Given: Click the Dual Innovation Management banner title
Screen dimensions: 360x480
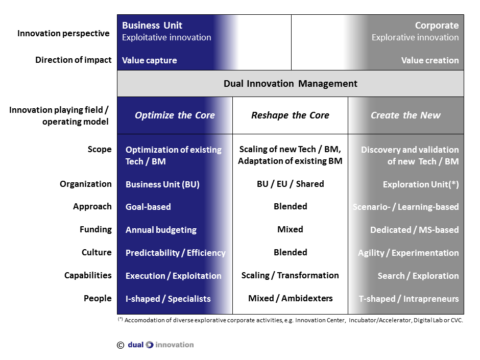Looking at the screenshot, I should tap(290, 84).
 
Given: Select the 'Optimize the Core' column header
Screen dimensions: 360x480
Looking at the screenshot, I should tap(175, 115).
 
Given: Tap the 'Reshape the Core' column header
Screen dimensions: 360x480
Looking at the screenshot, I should tap(290, 115).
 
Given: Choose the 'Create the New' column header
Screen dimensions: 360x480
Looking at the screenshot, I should tap(405, 115).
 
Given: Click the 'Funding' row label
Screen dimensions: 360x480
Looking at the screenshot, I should tap(95, 229).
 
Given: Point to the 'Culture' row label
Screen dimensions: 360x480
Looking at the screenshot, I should tap(97, 252).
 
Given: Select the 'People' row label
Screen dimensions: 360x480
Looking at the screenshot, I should tap(98, 298).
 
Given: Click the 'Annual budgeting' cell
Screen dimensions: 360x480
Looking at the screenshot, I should tap(161, 230).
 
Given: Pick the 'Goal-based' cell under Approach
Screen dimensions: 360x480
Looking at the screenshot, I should tap(148, 207).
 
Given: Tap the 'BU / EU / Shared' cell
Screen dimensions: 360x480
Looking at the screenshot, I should tap(290, 184).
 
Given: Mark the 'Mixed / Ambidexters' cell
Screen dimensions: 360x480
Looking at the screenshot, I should tap(290, 298).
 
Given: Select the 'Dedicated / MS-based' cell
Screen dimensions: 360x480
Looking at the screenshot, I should tap(414, 230).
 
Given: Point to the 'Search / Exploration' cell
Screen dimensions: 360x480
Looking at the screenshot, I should tap(418, 276).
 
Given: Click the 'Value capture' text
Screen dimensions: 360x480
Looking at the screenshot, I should tap(149, 60).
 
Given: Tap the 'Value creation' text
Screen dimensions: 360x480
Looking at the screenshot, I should tap(430, 60).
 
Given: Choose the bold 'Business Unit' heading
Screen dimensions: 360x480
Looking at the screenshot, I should tap(152, 26).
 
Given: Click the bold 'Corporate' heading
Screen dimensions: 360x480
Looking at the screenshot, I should tap(437, 26).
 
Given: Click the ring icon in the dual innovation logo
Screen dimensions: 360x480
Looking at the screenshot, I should tap(150, 345).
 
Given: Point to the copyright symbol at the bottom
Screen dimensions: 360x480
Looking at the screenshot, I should tap(121, 345).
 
